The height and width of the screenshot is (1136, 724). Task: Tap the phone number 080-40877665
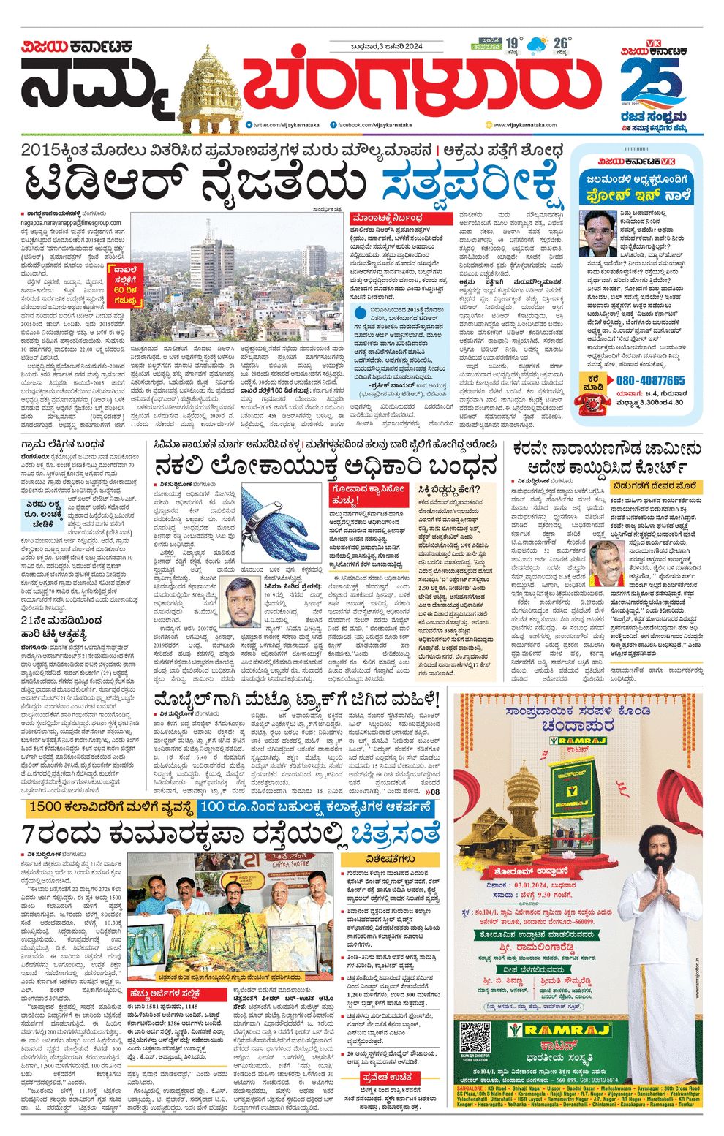[650, 381]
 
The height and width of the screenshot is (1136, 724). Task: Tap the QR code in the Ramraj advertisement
[475, 1035]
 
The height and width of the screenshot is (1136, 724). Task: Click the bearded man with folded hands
[662, 913]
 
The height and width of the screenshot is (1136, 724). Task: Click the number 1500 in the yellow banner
[53, 807]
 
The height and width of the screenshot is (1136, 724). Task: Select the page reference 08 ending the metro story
[434, 792]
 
